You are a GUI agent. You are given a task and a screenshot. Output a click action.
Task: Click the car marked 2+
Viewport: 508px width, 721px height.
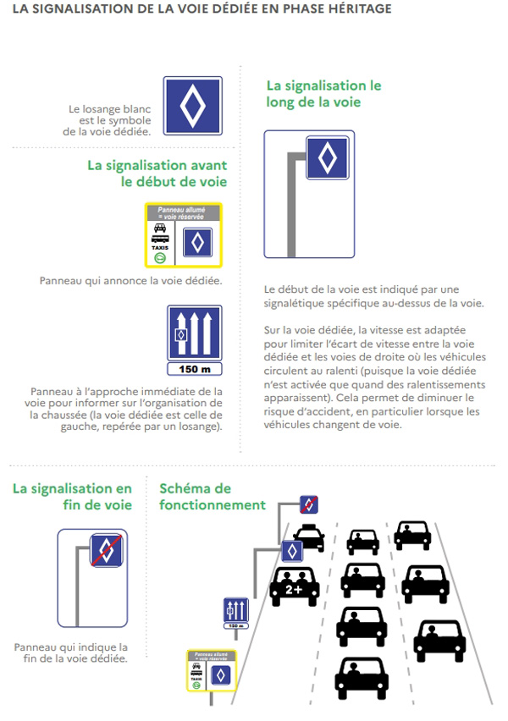pyautogui.click(x=294, y=586)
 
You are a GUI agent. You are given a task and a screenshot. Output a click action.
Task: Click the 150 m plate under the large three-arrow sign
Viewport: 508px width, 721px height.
pyautogui.click(x=195, y=369)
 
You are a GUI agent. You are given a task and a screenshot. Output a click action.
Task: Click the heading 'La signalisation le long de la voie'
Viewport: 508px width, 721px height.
pyautogui.click(x=323, y=94)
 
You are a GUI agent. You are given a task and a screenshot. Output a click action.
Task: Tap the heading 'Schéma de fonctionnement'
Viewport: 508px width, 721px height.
pyautogui.click(x=212, y=497)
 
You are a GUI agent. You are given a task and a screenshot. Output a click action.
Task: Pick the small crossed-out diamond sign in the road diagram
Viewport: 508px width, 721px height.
pyautogui.click(x=310, y=504)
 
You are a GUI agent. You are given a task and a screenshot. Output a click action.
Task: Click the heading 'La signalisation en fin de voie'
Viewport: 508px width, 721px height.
pyautogui.click(x=72, y=497)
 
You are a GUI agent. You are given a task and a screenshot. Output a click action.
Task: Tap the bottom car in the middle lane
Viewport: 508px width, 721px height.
pyautogui.click(x=362, y=678)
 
